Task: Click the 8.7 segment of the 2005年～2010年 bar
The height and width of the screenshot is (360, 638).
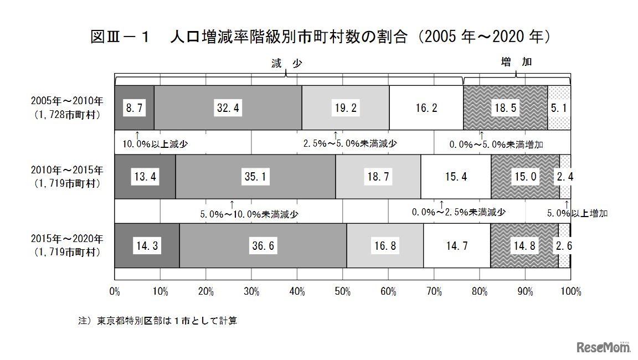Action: (x=134, y=108)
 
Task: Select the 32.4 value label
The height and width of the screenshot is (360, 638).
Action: (x=228, y=108)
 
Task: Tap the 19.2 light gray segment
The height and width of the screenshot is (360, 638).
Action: (x=346, y=108)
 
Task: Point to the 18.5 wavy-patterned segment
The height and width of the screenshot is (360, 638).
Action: (x=505, y=108)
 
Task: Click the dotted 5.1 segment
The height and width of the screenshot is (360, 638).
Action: (x=559, y=108)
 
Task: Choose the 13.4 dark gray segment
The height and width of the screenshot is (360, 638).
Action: (x=145, y=177)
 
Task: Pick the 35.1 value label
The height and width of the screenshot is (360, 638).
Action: (x=255, y=177)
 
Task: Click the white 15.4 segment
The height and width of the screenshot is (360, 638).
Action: (x=456, y=177)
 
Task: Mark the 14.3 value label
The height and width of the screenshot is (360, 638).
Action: (x=147, y=245)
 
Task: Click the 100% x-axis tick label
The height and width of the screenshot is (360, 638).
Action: (x=570, y=291)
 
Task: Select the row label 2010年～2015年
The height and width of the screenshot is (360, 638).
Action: (x=66, y=171)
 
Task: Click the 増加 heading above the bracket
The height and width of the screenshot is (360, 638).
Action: (x=516, y=62)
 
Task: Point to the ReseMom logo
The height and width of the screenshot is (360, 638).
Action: (x=604, y=347)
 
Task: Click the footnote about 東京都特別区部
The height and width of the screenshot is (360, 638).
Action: (x=158, y=321)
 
